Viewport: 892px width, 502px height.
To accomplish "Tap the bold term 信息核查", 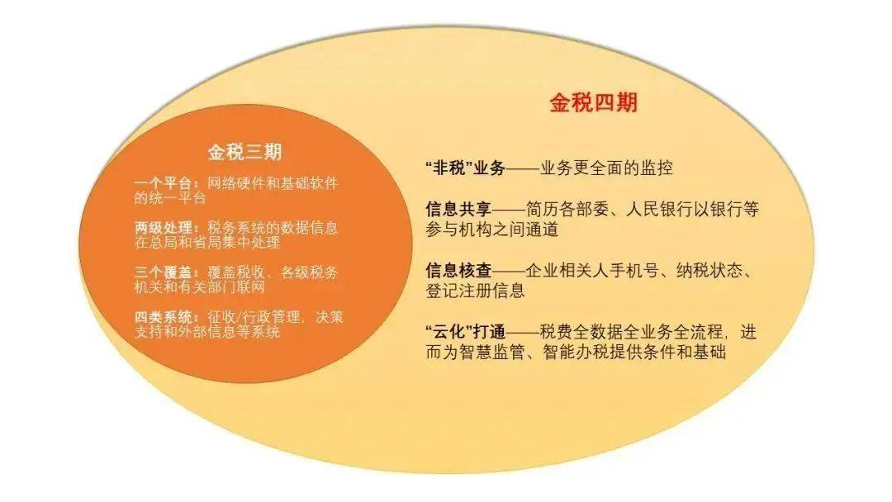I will (x=453, y=271).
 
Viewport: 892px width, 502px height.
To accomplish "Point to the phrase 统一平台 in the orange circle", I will (x=170, y=198).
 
